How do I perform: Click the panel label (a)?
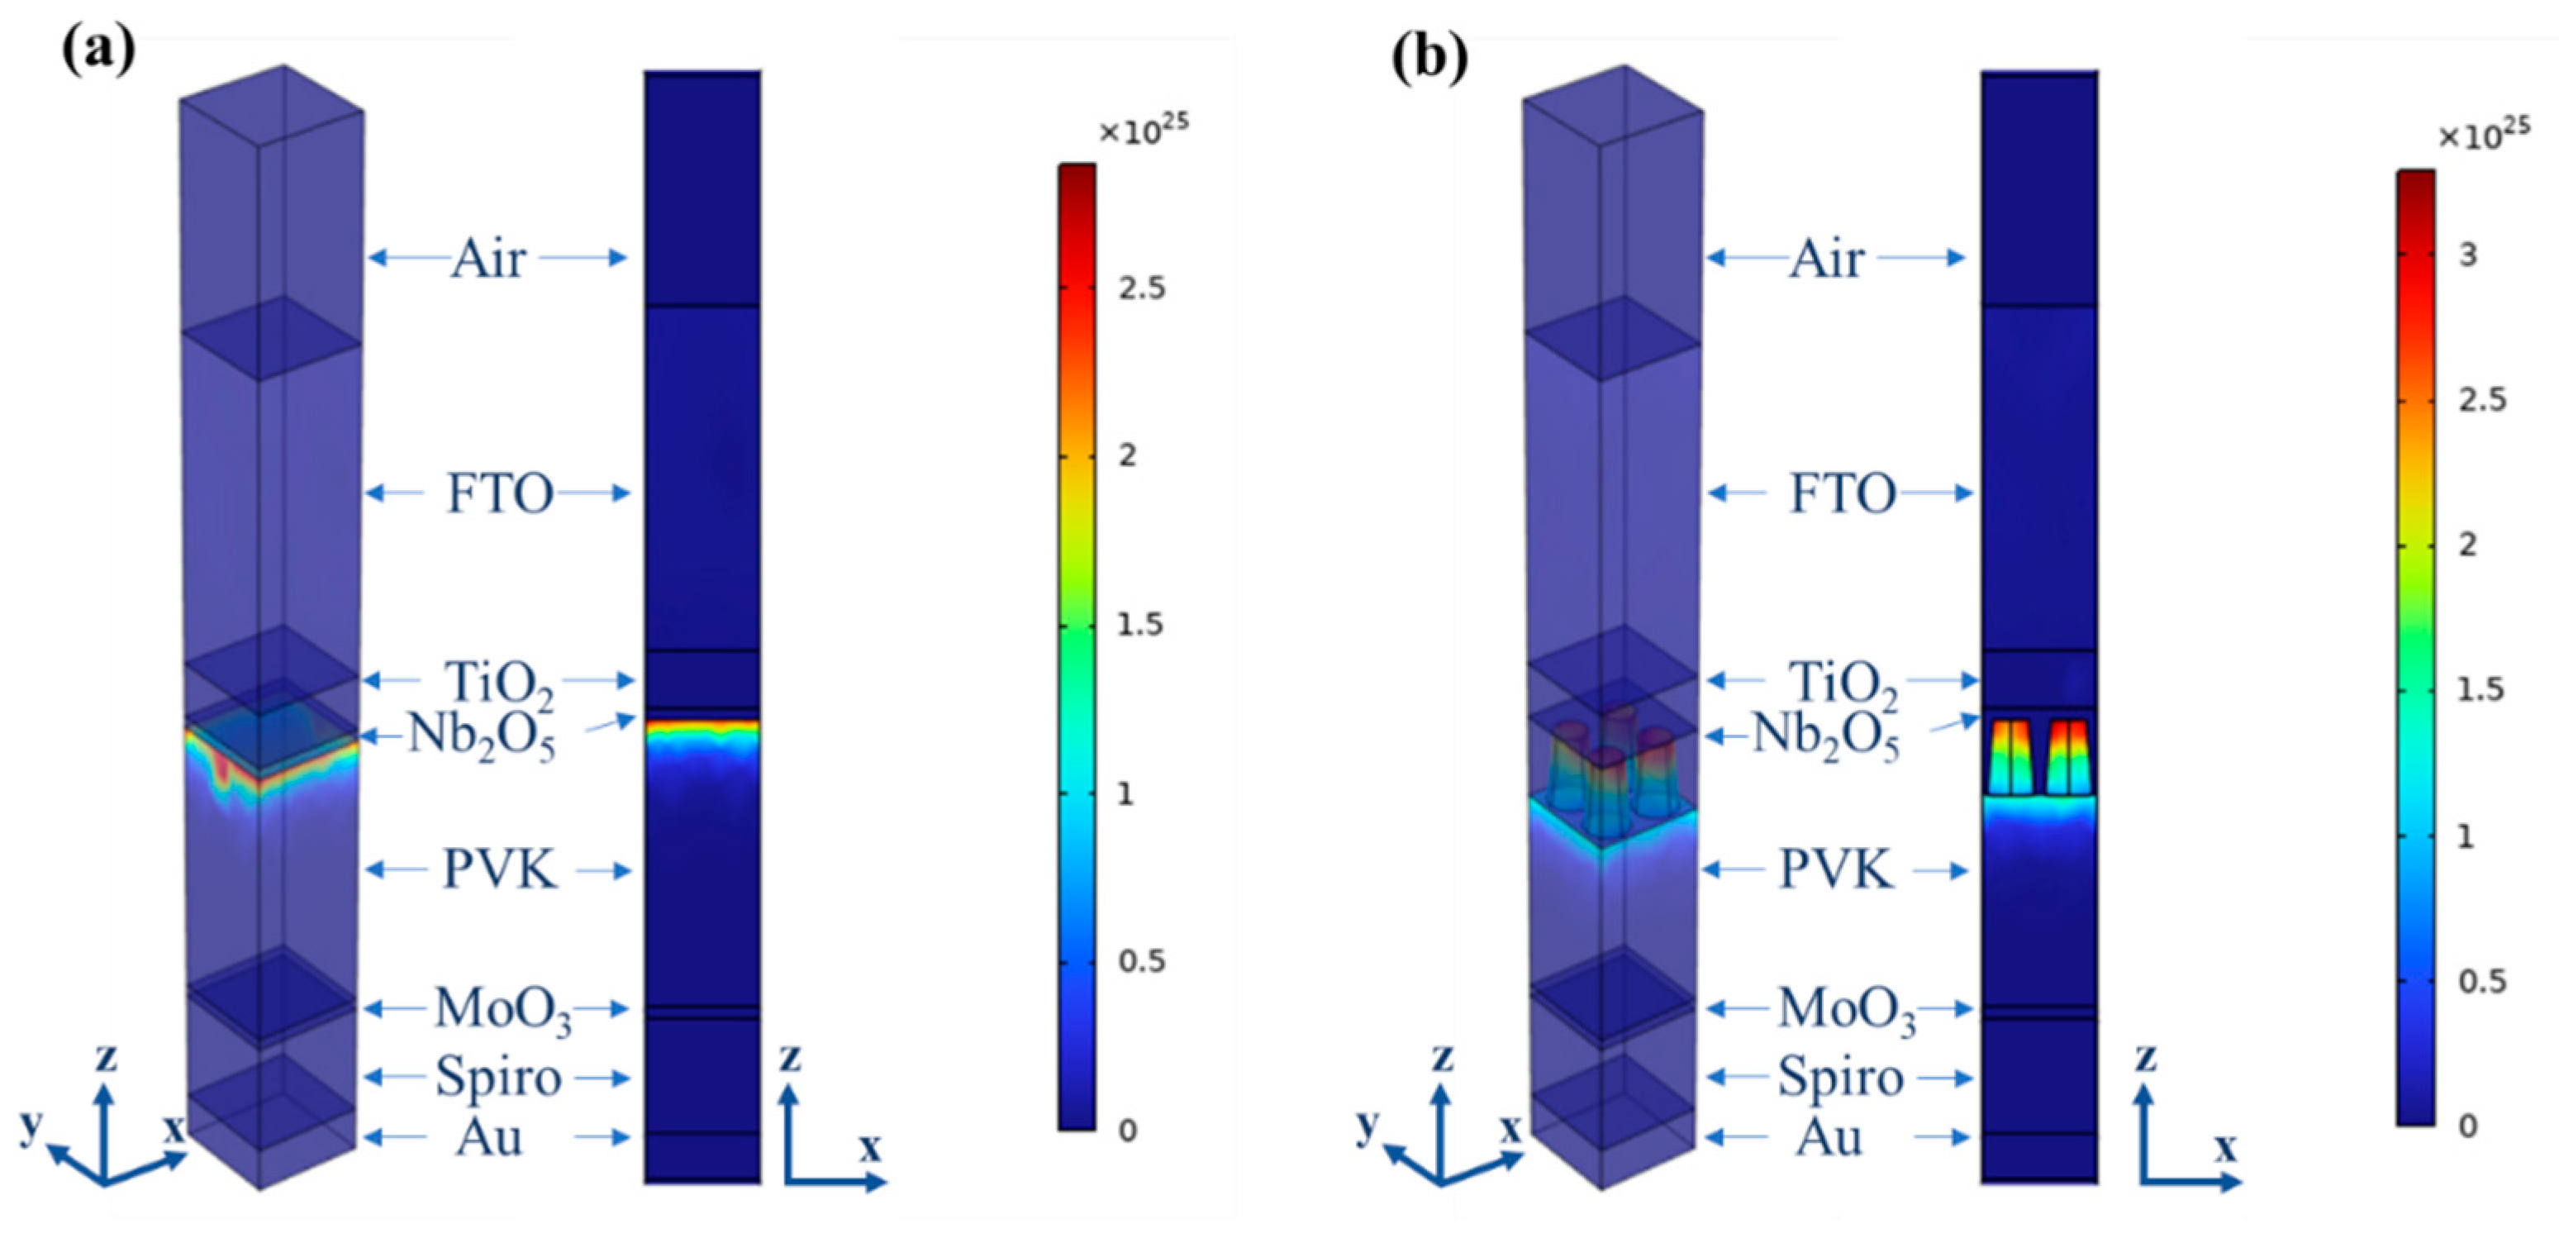pos(98,52)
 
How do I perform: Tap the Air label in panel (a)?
pos(487,260)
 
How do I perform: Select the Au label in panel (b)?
pos(1828,1136)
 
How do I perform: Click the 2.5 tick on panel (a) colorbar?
pos(1140,289)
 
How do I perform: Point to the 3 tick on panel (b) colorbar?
pos(2467,255)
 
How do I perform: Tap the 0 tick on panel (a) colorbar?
pos(1126,1131)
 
